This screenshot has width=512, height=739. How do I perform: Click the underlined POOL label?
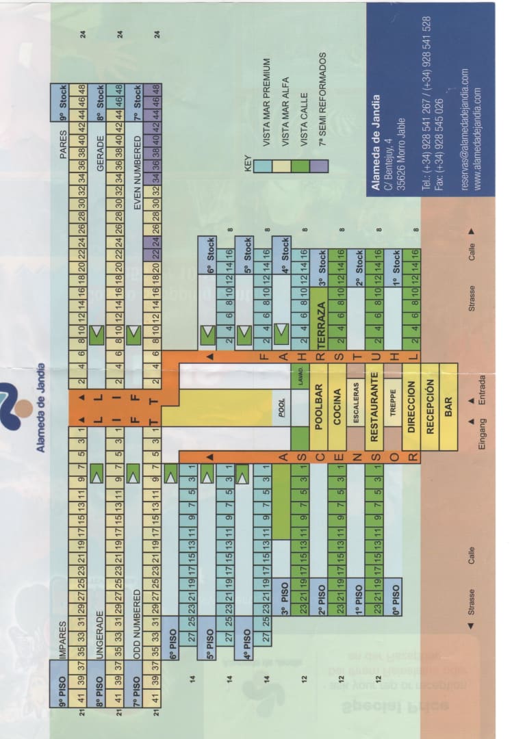pos(281,406)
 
